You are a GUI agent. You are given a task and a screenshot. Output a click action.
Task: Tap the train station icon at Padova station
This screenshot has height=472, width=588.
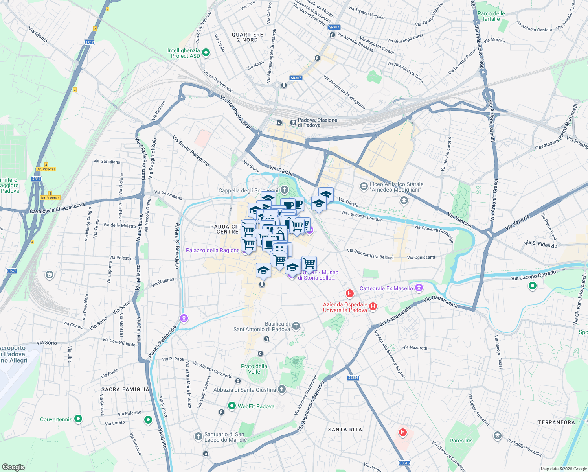[x=293, y=122]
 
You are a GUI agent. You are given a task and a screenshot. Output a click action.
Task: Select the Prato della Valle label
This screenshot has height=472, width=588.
[x=254, y=369]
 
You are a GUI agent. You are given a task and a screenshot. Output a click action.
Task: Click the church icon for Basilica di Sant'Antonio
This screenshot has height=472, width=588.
[x=296, y=326]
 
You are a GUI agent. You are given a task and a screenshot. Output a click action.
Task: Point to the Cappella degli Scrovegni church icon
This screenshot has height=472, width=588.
[x=285, y=190]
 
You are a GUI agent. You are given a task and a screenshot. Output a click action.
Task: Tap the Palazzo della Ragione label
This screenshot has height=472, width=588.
[x=213, y=250]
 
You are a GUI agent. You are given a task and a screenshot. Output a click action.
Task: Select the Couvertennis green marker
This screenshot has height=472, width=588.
[x=78, y=419]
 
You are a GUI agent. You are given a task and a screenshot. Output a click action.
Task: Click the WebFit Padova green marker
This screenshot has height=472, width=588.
[x=232, y=406]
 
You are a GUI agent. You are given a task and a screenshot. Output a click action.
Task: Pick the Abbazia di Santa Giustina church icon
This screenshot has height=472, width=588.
[x=281, y=389]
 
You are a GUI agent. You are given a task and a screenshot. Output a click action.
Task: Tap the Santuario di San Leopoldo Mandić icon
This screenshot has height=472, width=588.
[x=198, y=436]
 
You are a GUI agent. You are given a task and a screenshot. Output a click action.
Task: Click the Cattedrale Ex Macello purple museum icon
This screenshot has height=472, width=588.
[x=419, y=288]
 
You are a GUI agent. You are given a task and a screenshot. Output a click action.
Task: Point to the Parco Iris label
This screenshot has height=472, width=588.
[x=461, y=441]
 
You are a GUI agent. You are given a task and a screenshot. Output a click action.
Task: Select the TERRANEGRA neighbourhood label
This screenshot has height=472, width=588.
[x=556, y=422]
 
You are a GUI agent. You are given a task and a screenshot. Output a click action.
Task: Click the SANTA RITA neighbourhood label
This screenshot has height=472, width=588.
[x=345, y=430]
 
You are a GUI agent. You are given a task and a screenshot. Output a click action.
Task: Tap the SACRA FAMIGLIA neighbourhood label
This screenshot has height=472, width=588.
[x=125, y=389]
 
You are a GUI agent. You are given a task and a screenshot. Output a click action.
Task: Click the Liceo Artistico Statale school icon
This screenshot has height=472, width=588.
[x=364, y=186]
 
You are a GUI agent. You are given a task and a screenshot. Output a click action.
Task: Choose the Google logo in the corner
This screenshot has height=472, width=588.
[x=13, y=467]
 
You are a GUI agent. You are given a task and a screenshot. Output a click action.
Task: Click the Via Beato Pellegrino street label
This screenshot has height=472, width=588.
[x=191, y=151]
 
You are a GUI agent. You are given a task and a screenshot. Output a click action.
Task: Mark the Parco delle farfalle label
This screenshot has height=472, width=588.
[x=491, y=16]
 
